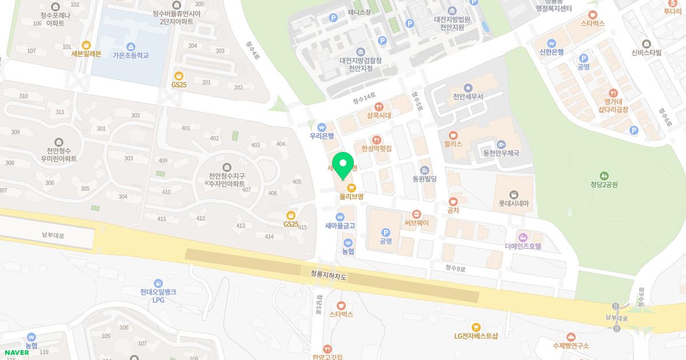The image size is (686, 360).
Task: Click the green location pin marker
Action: point(343,165)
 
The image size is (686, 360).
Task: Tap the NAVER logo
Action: point(17,352)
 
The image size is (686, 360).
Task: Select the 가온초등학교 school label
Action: point(131,55)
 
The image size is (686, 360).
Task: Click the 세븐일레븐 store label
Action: point(86,54)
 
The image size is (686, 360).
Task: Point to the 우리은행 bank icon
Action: point(321,127)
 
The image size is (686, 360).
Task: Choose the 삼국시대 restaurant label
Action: point(378,115)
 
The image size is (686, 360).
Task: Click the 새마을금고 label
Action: point(340,226)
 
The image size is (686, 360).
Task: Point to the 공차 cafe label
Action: point(453,210)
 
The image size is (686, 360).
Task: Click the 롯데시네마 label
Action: point(513,203)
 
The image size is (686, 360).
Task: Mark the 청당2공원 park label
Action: point(604,185)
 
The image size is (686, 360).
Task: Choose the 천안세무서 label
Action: point(468,97)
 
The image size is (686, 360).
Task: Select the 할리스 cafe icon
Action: point(453,135)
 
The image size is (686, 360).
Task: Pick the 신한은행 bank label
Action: point(551,52)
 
